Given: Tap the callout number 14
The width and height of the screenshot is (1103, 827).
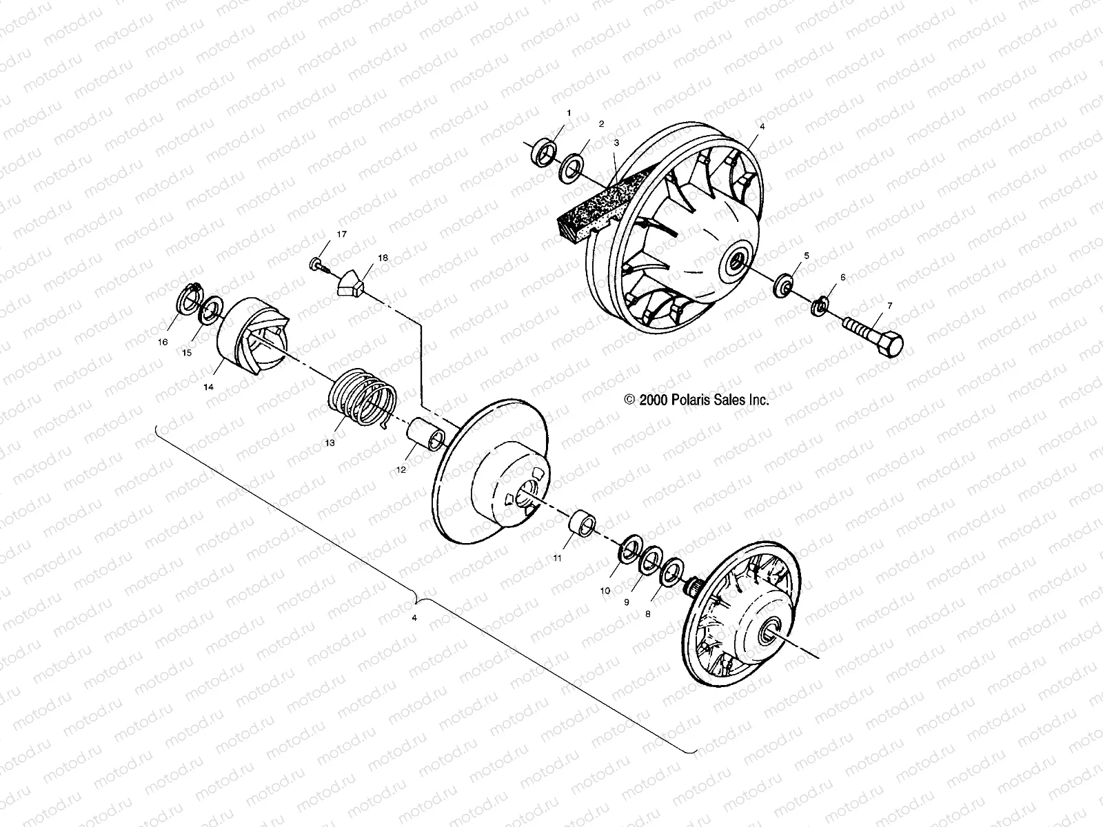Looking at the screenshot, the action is (x=208, y=387).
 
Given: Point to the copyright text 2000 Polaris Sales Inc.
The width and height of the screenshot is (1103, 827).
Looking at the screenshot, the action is (x=696, y=399).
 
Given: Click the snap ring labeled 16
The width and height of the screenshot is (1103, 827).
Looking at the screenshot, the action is (x=188, y=300).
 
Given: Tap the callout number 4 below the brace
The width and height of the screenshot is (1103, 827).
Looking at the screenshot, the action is (x=414, y=618).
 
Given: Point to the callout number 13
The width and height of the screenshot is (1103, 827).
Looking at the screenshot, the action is (x=330, y=442).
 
